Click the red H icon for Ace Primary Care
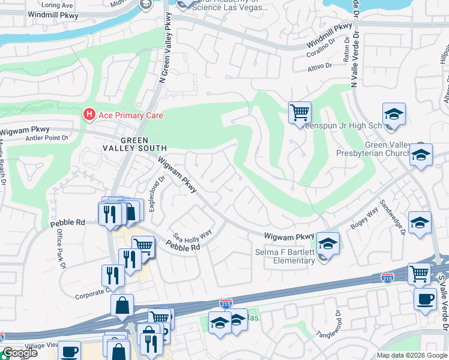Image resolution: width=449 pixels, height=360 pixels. tap(89, 113)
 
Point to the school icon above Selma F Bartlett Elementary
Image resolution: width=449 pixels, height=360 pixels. tap(328, 243)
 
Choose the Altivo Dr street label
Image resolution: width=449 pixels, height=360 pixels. tap(320, 66)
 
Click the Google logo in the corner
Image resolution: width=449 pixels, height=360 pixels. tap(19, 353)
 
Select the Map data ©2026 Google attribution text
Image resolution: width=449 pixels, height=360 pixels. tap(412, 355)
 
